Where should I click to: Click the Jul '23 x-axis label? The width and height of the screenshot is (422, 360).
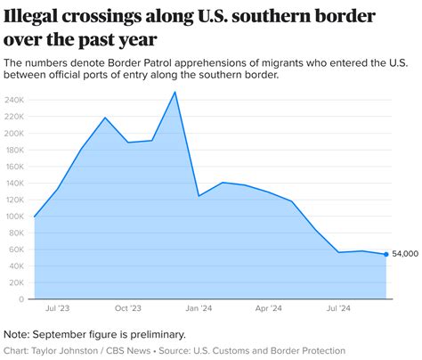pos(58,308)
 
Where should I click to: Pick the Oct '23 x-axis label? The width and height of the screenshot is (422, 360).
pos(128,308)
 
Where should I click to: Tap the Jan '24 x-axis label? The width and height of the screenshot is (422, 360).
pos(199,308)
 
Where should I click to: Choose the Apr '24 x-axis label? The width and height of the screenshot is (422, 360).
pos(269,308)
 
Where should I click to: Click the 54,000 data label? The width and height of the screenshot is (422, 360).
pos(406,254)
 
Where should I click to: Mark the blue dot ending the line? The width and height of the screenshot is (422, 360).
pos(385,254)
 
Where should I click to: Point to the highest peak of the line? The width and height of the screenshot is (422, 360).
pos(174,92)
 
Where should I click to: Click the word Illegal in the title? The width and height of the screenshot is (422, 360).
pos(32,17)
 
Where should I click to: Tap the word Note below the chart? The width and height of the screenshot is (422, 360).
pos(18,334)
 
